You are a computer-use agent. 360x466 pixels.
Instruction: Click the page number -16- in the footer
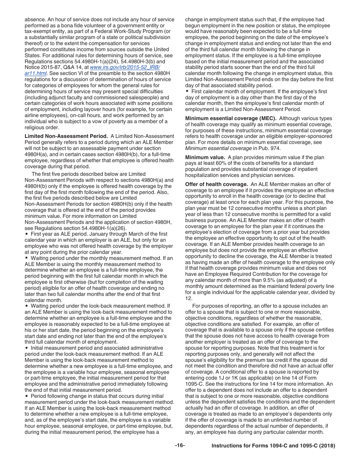click(180, 446)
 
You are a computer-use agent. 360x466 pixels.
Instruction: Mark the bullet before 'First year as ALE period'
click(26, 234)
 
